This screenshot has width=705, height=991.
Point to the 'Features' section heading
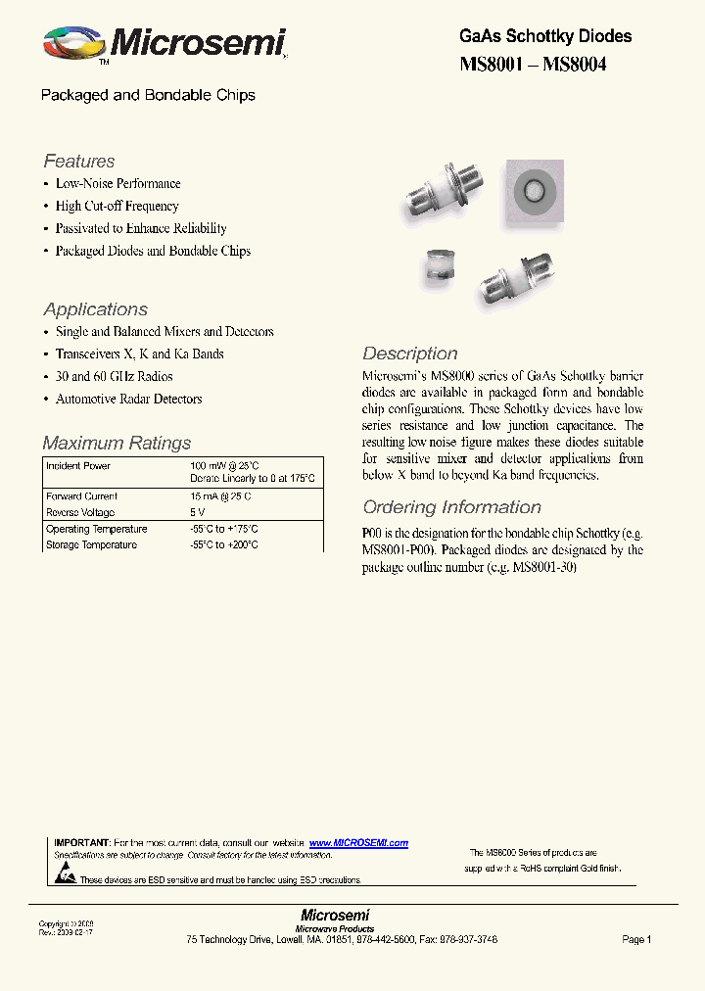[x=79, y=162]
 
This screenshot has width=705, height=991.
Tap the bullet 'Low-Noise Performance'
[x=117, y=183]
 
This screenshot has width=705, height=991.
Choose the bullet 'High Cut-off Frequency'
[x=117, y=206]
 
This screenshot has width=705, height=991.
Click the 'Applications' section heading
[x=96, y=309]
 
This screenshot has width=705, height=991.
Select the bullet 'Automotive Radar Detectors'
[x=128, y=399]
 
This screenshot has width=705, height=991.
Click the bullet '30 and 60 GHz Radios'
[x=114, y=376]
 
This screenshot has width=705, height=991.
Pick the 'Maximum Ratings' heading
[x=117, y=443]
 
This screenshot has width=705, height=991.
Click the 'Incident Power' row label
[x=78, y=466]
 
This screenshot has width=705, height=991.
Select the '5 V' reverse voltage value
[x=198, y=512]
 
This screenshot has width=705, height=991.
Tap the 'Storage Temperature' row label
[x=91, y=544]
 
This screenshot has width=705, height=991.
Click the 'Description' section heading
[x=410, y=354]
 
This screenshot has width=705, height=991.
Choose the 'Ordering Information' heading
[x=451, y=507]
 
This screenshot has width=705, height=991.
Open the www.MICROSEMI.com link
[x=358, y=843]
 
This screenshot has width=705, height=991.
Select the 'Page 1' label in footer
[x=636, y=939]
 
